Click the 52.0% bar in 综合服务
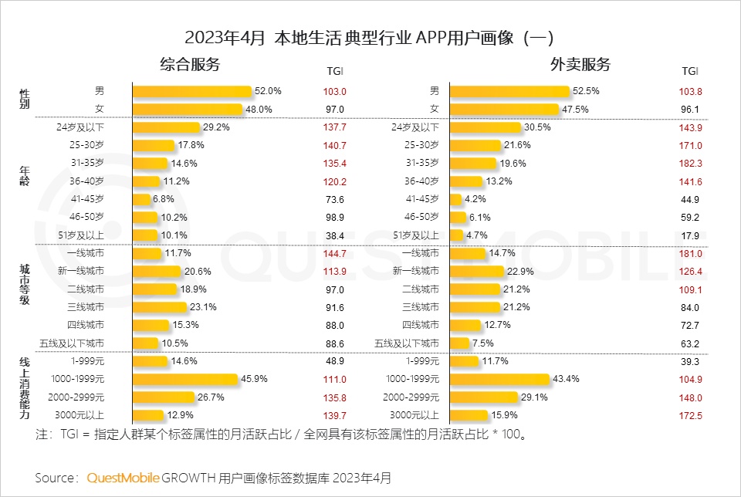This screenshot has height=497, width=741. click(x=192, y=91)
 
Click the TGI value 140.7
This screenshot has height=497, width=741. click(x=335, y=145)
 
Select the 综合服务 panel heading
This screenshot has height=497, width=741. click(x=190, y=64)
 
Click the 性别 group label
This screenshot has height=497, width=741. click(x=24, y=100)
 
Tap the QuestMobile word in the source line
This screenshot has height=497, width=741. click(x=123, y=478)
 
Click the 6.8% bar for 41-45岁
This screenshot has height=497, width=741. click(x=141, y=199)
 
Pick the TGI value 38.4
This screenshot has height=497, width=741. click(x=335, y=235)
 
